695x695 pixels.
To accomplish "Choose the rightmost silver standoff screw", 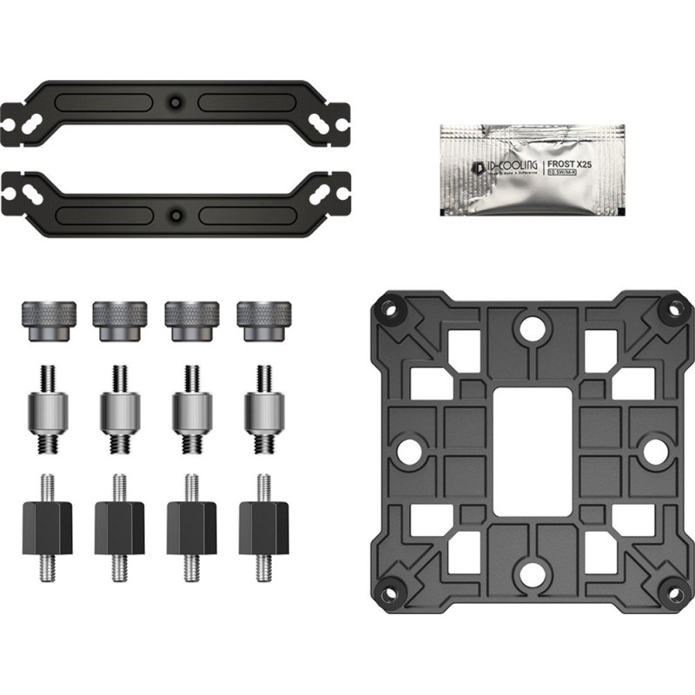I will (x=261, y=407).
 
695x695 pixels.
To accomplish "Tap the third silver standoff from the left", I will (x=187, y=407).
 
